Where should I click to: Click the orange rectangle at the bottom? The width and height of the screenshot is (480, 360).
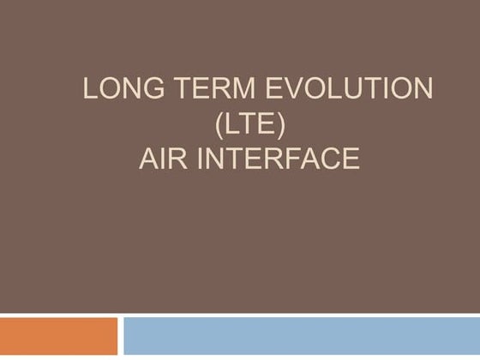[58, 336]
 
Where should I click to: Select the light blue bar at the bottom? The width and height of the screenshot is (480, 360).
[301, 336]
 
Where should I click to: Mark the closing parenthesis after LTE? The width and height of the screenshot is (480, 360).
[289, 124]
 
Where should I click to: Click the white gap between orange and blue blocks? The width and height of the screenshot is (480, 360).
[120, 336]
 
